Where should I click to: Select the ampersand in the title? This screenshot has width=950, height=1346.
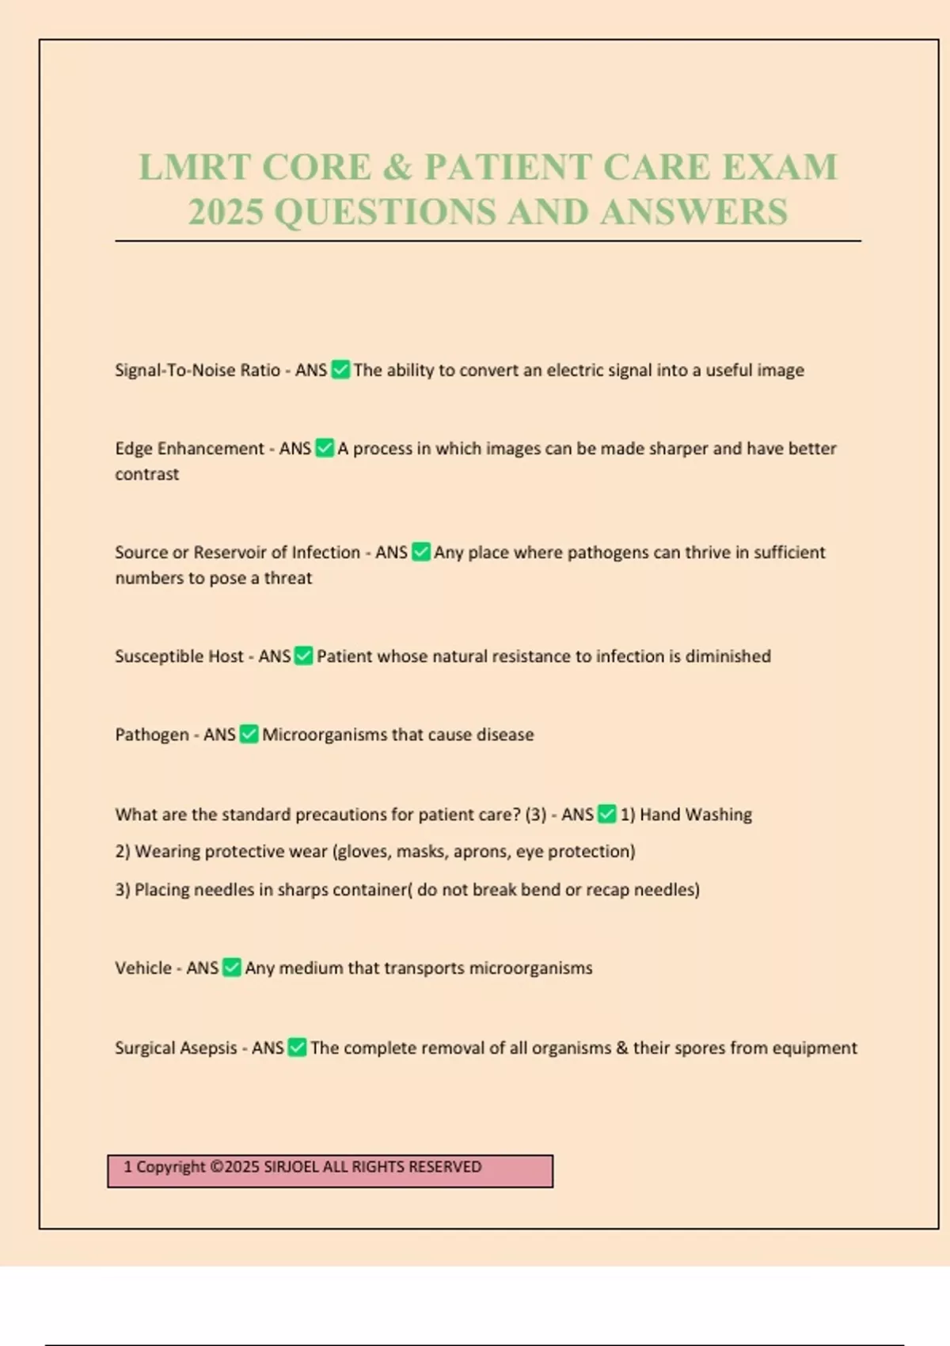(397, 167)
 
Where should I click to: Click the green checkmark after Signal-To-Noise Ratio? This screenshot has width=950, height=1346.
(340, 370)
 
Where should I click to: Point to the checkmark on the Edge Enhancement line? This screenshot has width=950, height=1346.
(325, 448)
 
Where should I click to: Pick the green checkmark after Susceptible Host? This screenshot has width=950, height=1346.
(304, 656)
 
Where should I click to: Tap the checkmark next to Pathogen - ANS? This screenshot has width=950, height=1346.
(249, 734)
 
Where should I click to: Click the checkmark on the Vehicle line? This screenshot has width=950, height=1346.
(231, 968)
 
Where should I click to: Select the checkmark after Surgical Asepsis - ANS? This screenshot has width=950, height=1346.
(297, 1048)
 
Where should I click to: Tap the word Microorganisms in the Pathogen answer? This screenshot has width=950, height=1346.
(325, 734)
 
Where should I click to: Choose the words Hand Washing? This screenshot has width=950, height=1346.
(695, 814)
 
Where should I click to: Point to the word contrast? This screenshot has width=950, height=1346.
(147, 473)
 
